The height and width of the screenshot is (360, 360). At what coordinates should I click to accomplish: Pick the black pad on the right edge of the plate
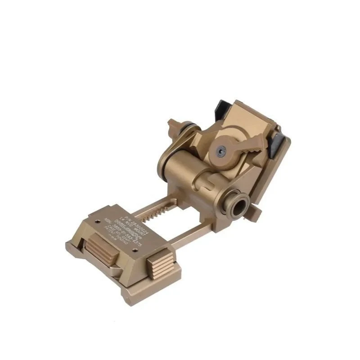[x=278, y=147]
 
